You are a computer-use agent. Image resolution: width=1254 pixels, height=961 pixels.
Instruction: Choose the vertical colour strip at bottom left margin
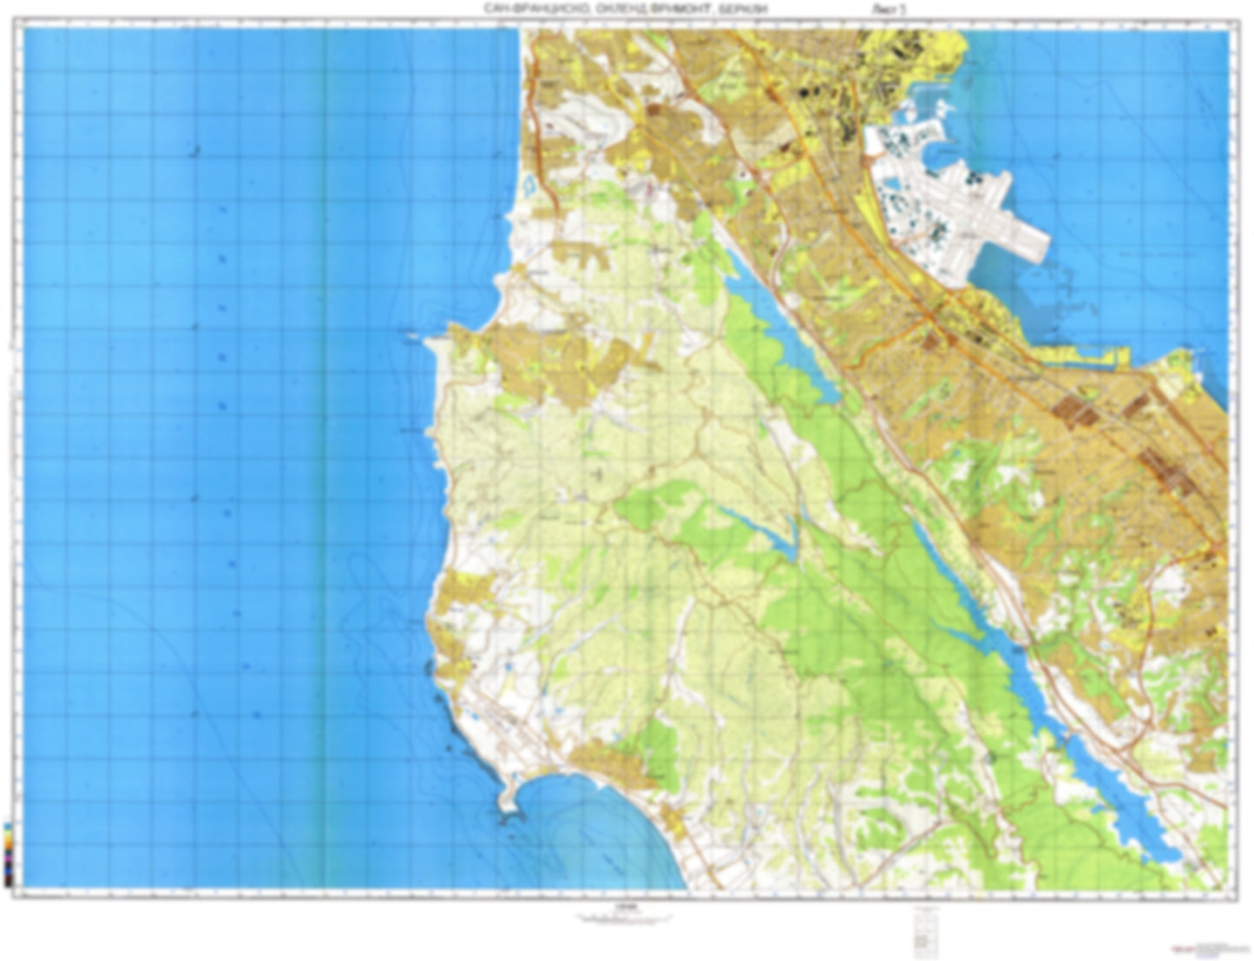pos(8,853)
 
